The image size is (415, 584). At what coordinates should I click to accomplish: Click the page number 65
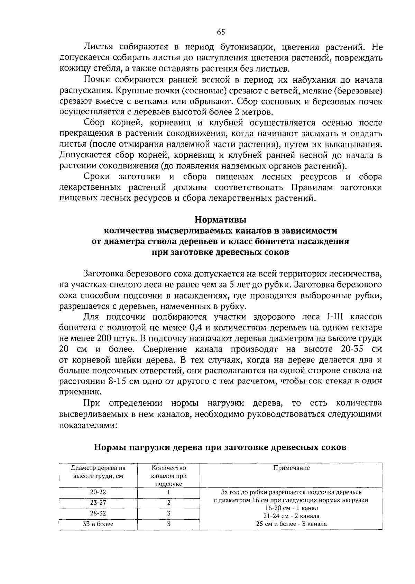point(221,32)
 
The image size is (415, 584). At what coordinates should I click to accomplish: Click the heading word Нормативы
point(220,220)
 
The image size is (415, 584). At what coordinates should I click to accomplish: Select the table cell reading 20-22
point(98,492)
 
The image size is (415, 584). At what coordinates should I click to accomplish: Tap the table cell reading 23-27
point(98,503)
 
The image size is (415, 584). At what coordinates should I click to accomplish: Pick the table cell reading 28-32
point(98,513)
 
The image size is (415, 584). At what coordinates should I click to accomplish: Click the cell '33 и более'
point(98,524)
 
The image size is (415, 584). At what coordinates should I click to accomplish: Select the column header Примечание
point(291,468)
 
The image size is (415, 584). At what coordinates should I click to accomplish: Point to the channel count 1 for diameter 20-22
point(168,492)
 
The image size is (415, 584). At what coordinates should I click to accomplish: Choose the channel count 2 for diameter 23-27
point(168,503)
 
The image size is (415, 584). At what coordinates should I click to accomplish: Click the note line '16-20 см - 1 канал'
point(291,508)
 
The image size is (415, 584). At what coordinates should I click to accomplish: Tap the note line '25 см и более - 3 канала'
point(291,524)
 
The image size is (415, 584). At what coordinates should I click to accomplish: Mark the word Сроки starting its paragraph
point(97,177)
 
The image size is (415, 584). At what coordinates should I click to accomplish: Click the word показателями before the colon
point(87,425)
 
